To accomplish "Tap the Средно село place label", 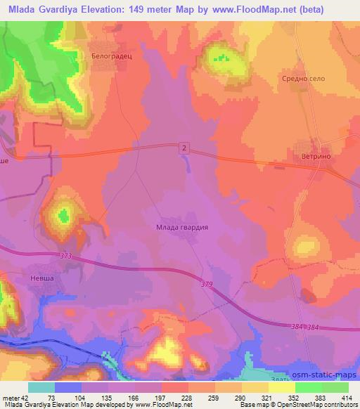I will click(x=304, y=79).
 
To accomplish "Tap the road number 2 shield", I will click(x=184, y=147).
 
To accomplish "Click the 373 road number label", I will click(x=66, y=256).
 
